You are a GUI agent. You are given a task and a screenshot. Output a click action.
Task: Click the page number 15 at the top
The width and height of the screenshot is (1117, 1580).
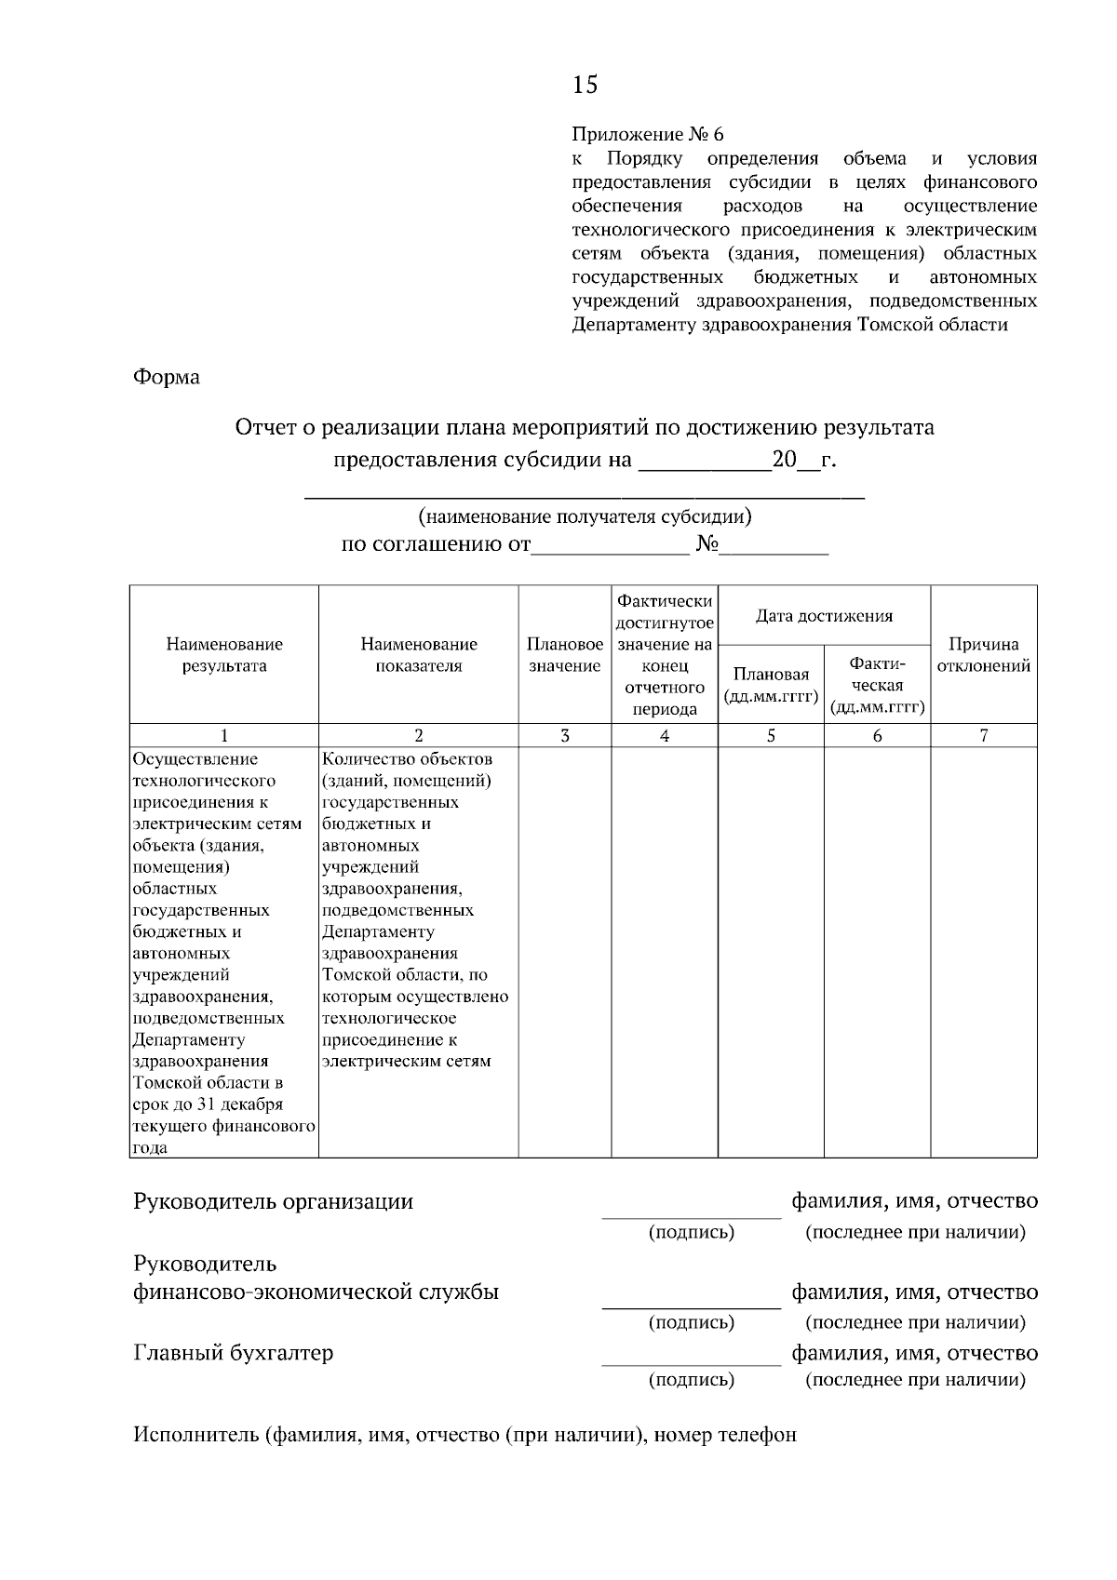[585, 85]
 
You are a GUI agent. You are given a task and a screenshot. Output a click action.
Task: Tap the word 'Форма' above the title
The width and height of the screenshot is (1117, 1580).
[167, 377]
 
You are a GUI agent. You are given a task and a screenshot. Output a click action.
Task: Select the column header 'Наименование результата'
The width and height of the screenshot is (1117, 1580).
[224, 654]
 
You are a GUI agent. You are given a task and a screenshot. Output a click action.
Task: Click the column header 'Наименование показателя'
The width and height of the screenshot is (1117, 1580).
[419, 654]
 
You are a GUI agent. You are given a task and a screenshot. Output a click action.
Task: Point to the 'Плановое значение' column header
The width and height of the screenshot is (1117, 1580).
[565, 654]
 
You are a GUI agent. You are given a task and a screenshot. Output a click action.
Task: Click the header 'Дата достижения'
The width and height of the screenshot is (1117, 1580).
[824, 615]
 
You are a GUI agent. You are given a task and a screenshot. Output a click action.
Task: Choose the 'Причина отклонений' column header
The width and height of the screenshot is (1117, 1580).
[983, 654]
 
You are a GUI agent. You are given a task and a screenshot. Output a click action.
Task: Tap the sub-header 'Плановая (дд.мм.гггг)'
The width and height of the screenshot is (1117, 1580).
[771, 685]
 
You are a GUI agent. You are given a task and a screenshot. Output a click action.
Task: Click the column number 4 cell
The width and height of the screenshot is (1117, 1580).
[665, 735]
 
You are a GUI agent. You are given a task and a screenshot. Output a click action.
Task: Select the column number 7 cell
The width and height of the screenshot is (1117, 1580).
[984, 735]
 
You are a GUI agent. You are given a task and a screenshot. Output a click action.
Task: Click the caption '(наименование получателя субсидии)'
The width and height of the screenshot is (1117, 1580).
[585, 516]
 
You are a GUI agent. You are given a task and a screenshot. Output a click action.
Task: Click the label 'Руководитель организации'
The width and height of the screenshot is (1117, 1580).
[274, 1200]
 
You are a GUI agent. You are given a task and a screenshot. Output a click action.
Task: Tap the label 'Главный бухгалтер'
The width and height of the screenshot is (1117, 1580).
[234, 1352]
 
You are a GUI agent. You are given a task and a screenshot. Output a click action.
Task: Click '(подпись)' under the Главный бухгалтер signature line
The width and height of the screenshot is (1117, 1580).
[691, 1379]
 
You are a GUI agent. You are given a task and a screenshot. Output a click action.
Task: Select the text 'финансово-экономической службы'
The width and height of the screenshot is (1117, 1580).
[316, 1292]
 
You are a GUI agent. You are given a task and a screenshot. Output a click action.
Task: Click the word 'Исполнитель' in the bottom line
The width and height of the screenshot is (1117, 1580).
[195, 1434]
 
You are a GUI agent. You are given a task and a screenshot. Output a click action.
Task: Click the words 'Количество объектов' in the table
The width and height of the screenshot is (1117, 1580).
[408, 758]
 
